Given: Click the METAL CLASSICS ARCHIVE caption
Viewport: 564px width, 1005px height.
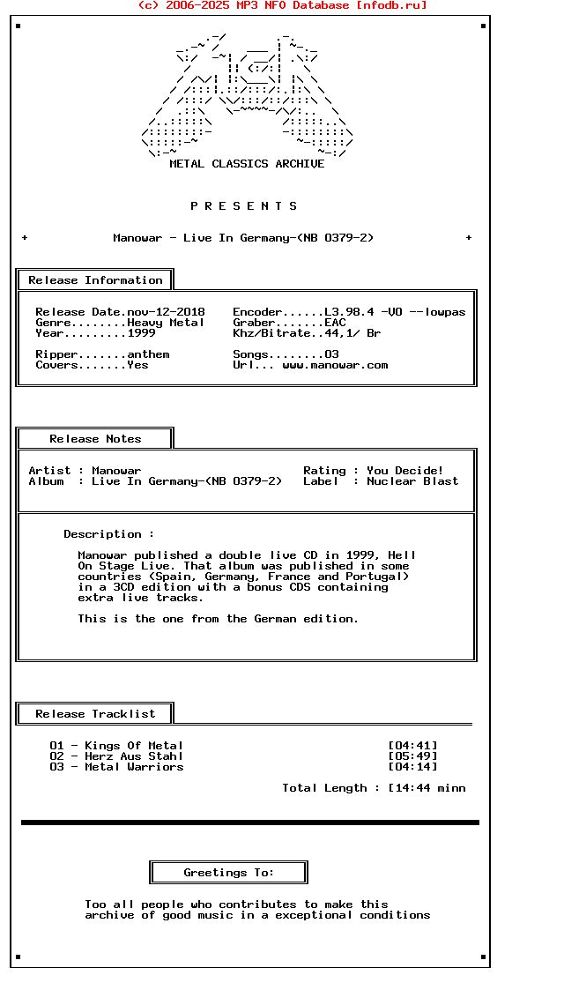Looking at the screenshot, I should (x=247, y=164).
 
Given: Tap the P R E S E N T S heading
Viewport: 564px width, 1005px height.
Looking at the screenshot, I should (x=244, y=206).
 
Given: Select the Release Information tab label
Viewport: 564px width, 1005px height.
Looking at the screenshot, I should (x=95, y=280).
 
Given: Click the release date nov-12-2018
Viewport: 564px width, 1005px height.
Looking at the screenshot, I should (x=166, y=312).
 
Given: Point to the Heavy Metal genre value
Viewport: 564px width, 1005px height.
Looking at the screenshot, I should (x=166, y=323).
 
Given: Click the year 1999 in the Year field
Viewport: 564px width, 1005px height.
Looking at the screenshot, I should (x=141, y=333).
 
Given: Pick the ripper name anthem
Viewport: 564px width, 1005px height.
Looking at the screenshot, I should (x=148, y=354).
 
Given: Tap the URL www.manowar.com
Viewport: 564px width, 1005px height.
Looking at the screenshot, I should (x=335, y=365).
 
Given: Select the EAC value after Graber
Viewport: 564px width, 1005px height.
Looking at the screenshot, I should (x=335, y=323).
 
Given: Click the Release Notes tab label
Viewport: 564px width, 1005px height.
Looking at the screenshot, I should (x=95, y=439).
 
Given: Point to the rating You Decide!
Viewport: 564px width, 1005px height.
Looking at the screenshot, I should (x=405, y=471).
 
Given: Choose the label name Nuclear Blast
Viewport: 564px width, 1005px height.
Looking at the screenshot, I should (x=412, y=481).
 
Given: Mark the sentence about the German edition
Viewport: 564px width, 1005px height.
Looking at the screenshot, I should (x=218, y=619).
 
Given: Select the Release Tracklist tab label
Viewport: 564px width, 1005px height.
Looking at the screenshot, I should (x=95, y=714).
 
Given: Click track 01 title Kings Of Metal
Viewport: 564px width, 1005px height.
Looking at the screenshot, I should (x=134, y=746).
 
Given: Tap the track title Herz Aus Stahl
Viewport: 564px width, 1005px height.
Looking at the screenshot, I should (x=134, y=756).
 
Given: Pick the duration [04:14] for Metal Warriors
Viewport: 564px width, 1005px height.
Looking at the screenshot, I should (x=412, y=767).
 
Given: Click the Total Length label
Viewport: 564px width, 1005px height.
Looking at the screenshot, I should (x=324, y=788).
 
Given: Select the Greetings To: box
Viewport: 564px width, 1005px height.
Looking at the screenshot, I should (x=228, y=873).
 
